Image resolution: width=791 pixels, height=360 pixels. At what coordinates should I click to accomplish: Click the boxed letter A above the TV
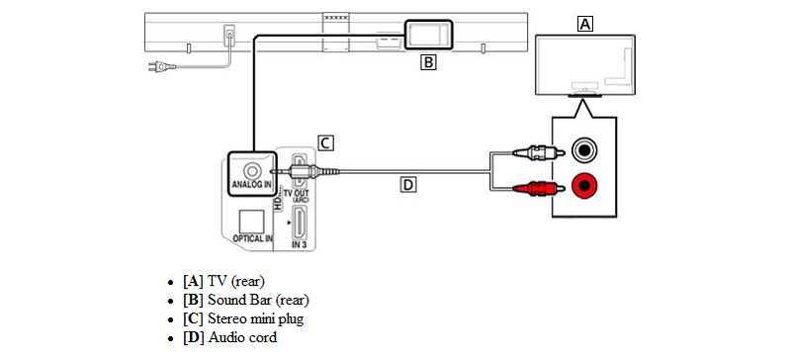pos(584,23)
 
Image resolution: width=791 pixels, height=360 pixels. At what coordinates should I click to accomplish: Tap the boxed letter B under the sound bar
pos(428,62)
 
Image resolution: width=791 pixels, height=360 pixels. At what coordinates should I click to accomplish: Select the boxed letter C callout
pos(326,142)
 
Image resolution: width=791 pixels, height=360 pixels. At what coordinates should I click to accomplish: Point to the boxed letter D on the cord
pos(408,185)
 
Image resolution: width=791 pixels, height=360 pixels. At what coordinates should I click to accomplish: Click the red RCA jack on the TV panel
pos(584,186)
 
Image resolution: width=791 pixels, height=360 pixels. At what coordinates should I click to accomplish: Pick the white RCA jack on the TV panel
pos(584,150)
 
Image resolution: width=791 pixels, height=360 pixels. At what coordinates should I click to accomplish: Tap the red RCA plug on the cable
pos(536,188)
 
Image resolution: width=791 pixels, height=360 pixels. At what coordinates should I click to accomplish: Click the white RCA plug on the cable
pos(536,151)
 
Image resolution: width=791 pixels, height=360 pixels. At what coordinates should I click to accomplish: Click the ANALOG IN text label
pos(251,185)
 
